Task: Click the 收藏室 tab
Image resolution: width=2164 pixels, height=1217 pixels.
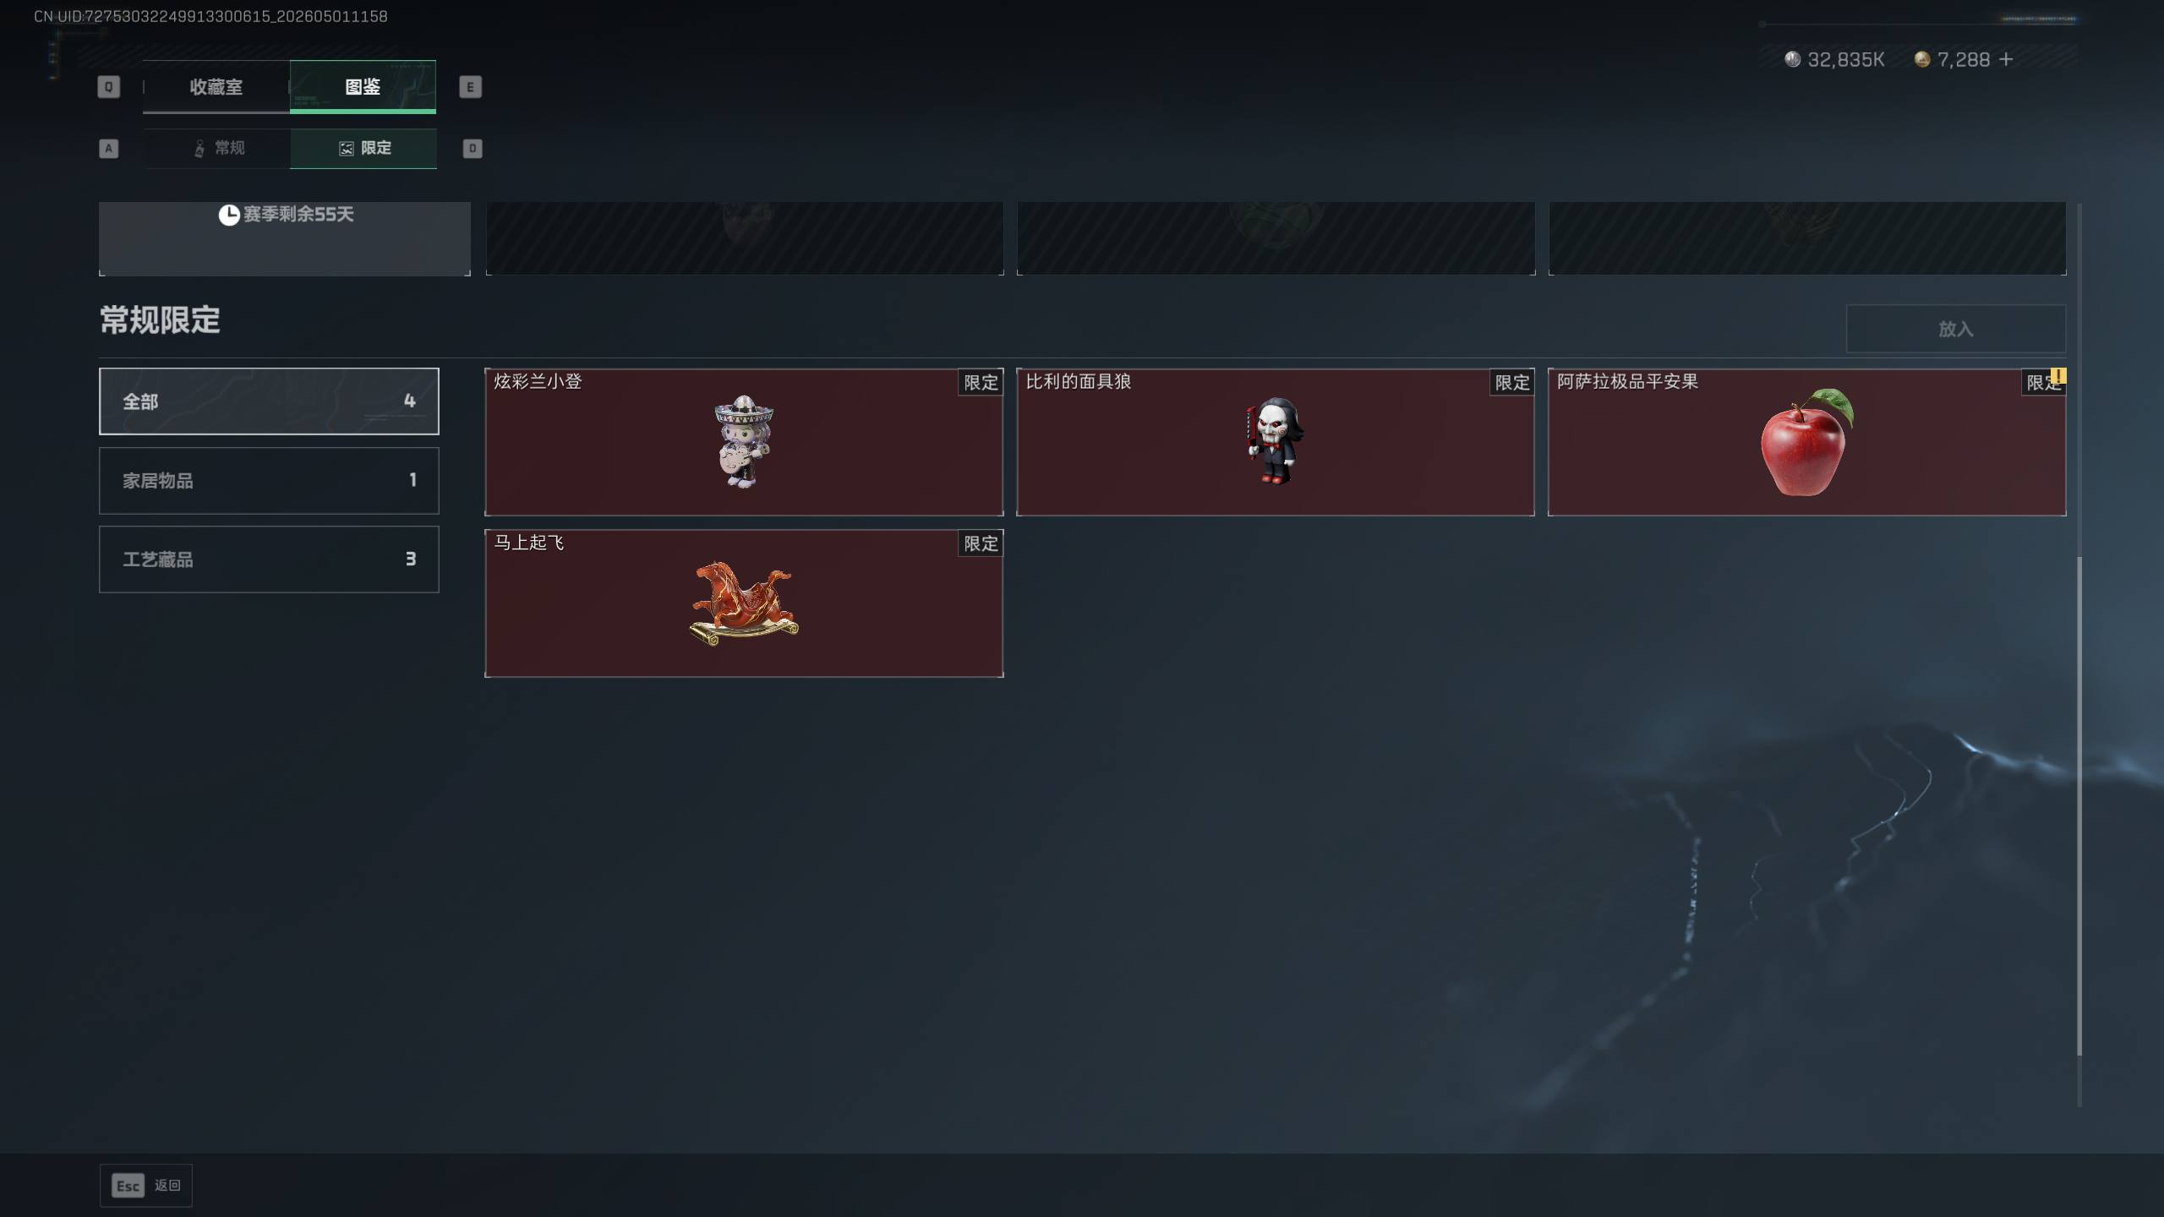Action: pyautogui.click(x=216, y=86)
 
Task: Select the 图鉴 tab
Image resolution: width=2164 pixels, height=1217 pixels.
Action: pyautogui.click(x=363, y=86)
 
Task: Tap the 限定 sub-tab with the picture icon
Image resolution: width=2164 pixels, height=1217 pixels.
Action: pyautogui.click(x=363, y=148)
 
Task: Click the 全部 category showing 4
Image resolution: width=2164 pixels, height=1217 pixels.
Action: pyautogui.click(x=269, y=401)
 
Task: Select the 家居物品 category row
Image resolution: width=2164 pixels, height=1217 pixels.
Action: pyautogui.click(x=269, y=480)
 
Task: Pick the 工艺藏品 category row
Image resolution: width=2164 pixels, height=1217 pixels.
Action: pyautogui.click(x=269, y=559)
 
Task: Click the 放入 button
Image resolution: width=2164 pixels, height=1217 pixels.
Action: pyautogui.click(x=1956, y=329)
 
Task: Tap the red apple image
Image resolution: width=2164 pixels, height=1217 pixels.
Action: pyautogui.click(x=1806, y=442)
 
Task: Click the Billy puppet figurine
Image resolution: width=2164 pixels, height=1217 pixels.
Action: pyautogui.click(x=1275, y=440)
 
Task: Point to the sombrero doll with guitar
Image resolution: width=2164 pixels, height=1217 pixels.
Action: pyautogui.click(x=743, y=441)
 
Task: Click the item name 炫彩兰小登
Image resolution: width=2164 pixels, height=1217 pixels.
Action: pyautogui.click(x=538, y=381)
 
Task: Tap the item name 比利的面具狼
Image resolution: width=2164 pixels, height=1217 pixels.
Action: pyautogui.click(x=1079, y=381)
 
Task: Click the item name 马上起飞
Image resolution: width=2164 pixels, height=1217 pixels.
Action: pyautogui.click(x=529, y=543)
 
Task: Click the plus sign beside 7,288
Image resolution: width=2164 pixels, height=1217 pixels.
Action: pyautogui.click(x=2006, y=59)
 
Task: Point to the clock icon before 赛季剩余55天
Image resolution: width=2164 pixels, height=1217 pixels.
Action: pyautogui.click(x=229, y=215)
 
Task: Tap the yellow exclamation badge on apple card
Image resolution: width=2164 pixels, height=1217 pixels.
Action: pyautogui.click(x=2058, y=375)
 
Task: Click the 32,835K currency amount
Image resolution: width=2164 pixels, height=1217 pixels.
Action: pyautogui.click(x=1845, y=59)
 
